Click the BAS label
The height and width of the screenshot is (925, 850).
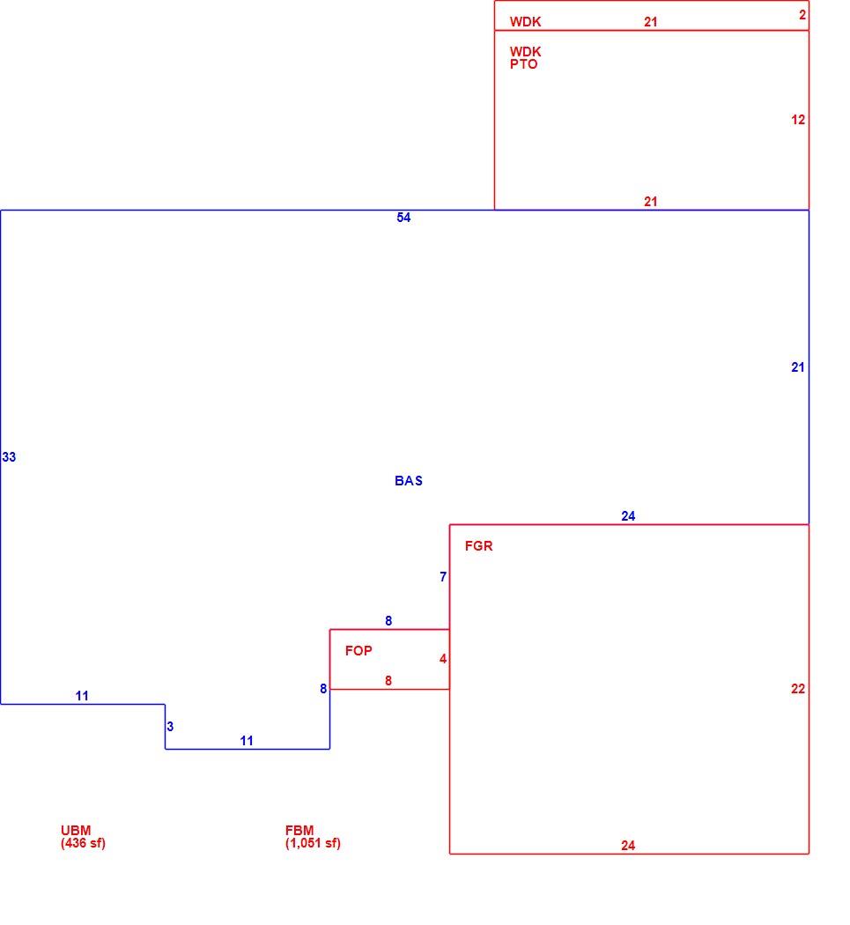(408, 481)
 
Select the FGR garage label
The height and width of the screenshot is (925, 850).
(478, 545)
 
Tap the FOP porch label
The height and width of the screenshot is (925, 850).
(358, 651)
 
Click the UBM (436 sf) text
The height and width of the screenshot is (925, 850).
(83, 837)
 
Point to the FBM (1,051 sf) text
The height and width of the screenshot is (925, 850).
(313, 837)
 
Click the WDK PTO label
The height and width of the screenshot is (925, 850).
(525, 58)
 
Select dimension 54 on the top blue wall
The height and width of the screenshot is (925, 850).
(403, 218)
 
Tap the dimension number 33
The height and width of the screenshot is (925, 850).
(9, 457)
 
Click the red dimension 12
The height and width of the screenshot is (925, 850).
(798, 120)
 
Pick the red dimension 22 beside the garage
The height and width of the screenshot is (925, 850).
(798, 689)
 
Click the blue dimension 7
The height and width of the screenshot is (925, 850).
(443, 577)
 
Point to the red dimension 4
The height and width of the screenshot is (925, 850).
(443, 659)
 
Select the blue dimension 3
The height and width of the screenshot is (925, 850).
(170, 727)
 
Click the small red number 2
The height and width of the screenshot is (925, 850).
(802, 15)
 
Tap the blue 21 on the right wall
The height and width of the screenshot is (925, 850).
(798, 367)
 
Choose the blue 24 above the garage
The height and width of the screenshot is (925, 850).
(628, 516)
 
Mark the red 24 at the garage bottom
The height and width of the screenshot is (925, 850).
(628, 846)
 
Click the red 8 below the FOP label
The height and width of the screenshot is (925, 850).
(388, 681)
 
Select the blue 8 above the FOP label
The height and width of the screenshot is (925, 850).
(388, 620)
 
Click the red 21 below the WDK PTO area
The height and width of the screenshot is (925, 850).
(651, 202)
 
